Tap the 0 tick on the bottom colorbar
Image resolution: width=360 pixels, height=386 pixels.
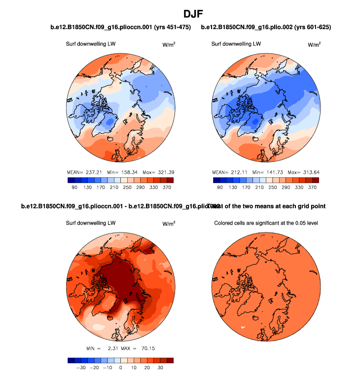pos(121,368)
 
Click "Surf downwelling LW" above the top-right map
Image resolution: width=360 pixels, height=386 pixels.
pos(236,44)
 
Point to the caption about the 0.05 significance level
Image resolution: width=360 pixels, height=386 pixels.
pos(266,223)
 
